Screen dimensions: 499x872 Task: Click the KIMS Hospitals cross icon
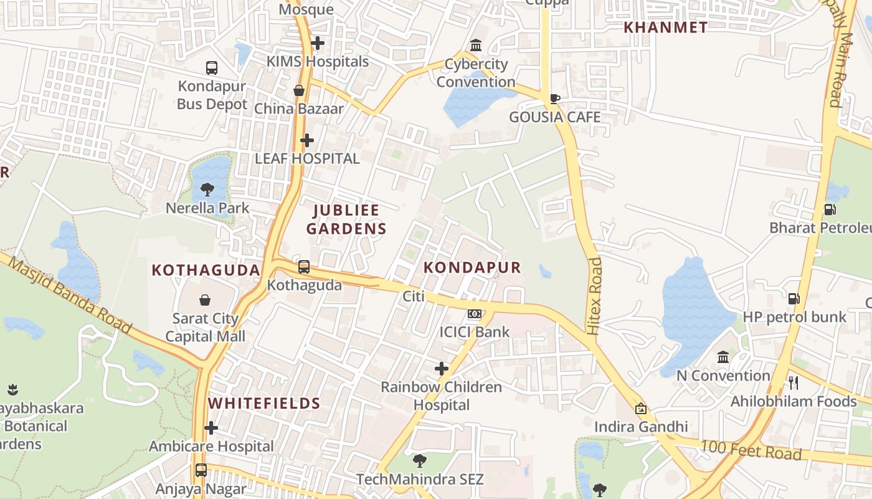318,43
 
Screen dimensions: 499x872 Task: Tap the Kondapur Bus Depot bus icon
212,67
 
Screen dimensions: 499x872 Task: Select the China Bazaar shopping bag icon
299,90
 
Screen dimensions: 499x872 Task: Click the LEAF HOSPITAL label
307,158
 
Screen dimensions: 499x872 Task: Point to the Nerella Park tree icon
207,189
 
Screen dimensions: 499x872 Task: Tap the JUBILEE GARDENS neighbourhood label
346,219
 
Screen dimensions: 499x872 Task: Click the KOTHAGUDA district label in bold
206,270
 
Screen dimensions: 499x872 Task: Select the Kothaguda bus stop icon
304,267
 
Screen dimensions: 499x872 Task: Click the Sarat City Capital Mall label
205,327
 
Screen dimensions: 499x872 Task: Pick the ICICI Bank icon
475,313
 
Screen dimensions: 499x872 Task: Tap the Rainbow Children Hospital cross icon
442,369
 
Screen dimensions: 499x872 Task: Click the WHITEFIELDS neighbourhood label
264,403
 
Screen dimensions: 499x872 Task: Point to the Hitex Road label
595,296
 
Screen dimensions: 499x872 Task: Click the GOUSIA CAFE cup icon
554,99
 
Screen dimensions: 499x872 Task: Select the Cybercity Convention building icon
476,46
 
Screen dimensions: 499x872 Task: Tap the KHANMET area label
666,27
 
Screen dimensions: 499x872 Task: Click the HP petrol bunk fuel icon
794,299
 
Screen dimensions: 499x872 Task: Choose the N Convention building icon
723,357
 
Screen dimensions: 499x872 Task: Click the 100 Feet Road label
751,450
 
